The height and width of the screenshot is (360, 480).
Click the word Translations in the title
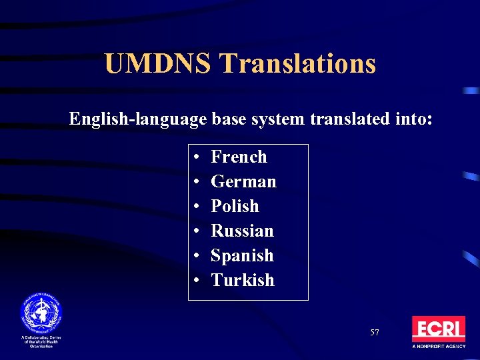pyautogui.click(x=298, y=64)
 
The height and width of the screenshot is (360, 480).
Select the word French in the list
pyautogui.click(x=239, y=157)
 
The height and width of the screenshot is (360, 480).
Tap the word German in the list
pyautogui.click(x=243, y=181)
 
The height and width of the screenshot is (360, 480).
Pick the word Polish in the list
pyautogui.click(x=235, y=206)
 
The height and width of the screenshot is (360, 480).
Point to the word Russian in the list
pyautogui.click(x=242, y=231)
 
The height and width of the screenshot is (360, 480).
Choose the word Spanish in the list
pyautogui.click(x=242, y=255)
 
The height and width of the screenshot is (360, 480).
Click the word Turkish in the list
pyautogui.click(x=243, y=280)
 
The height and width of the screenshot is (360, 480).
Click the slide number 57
pyautogui.click(x=375, y=332)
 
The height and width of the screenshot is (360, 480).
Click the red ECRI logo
pyautogui.click(x=438, y=329)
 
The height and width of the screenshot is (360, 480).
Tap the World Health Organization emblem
pyautogui.click(x=41, y=311)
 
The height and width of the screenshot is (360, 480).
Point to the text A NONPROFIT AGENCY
pyautogui.click(x=438, y=347)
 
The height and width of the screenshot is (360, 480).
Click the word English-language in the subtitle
pyautogui.click(x=139, y=119)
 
